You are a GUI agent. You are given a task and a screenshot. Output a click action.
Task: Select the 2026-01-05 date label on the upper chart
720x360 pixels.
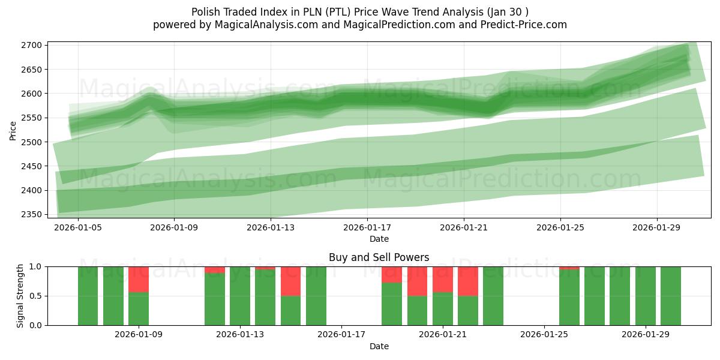coord(77,228)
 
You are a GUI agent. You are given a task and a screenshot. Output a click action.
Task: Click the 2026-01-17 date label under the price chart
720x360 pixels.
coord(367,228)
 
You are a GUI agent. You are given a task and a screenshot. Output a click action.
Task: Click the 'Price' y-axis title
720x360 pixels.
coord(13,130)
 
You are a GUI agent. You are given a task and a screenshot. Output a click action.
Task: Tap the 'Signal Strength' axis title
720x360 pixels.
coord(20,296)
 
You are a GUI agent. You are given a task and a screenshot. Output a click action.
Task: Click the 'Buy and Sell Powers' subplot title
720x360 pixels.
coord(379,257)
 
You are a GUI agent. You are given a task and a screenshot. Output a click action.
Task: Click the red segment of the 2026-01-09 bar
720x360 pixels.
coord(139,279)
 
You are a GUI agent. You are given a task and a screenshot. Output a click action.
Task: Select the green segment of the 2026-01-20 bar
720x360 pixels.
coord(417,311)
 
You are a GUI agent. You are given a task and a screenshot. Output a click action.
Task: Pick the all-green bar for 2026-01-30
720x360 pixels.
coord(671,296)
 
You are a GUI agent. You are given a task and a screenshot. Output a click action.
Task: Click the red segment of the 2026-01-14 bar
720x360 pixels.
coord(265,268)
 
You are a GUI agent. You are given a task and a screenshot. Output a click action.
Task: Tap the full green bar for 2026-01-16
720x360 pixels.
coord(316,296)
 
